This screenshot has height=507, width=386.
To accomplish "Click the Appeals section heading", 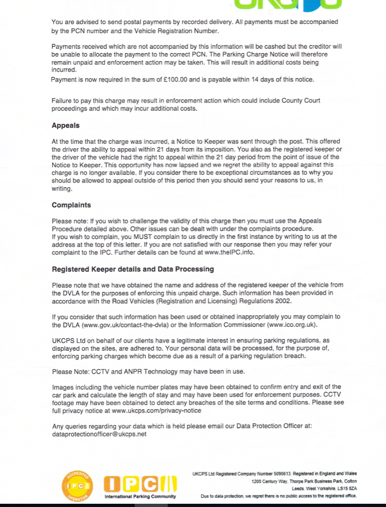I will [x=65, y=125].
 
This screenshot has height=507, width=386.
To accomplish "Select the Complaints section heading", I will [x=71, y=205].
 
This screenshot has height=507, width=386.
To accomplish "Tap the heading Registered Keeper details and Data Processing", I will [x=132, y=269].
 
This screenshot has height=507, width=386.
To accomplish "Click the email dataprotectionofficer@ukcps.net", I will [x=99, y=434].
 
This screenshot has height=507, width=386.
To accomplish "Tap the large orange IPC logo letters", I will [x=140, y=483].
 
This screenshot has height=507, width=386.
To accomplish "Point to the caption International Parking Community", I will [x=140, y=497].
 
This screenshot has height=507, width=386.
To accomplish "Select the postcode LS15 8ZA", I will [x=346, y=489].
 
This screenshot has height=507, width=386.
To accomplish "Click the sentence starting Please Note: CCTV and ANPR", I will [x=148, y=371].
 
